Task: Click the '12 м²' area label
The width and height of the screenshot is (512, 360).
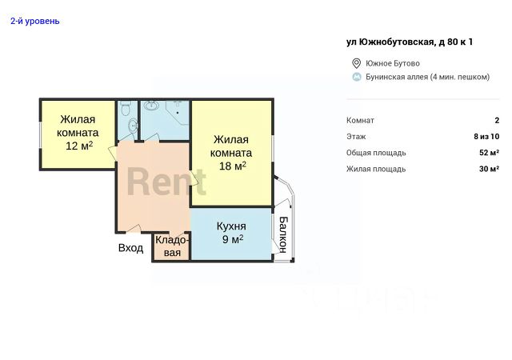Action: (x=79, y=146)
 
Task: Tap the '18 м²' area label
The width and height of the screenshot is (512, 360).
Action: (x=233, y=166)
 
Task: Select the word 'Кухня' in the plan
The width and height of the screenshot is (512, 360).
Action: (x=231, y=226)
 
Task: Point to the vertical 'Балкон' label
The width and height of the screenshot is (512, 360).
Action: (x=283, y=234)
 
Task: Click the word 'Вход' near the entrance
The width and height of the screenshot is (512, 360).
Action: (x=130, y=248)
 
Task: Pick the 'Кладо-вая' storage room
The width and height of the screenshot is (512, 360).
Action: (x=172, y=246)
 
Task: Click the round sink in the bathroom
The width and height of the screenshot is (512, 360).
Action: (x=151, y=105)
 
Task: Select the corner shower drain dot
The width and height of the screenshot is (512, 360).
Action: (x=178, y=113)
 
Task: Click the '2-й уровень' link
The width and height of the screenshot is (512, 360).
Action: (x=35, y=22)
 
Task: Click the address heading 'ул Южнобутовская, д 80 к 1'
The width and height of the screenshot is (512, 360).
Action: (x=410, y=42)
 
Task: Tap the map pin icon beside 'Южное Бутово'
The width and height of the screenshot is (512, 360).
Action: (x=356, y=63)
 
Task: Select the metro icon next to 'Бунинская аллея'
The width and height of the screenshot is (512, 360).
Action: (x=357, y=77)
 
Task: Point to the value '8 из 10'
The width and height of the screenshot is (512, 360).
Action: (x=486, y=137)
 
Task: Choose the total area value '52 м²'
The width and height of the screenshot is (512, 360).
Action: (x=489, y=153)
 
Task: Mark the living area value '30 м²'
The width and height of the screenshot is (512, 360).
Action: (x=489, y=169)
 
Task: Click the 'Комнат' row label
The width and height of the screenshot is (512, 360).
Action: (x=360, y=120)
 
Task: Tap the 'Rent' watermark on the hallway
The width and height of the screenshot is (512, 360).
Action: (x=166, y=182)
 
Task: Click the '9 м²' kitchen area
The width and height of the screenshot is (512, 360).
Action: (x=233, y=239)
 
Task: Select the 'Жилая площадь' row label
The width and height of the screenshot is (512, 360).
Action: (x=376, y=169)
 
